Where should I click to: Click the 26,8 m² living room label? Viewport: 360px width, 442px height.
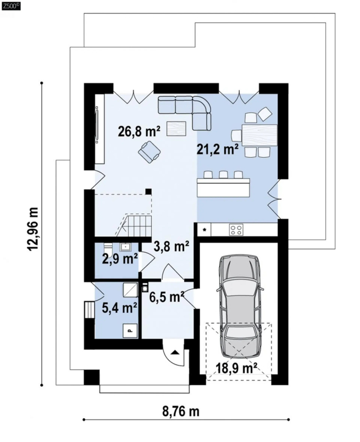click(x=139, y=131)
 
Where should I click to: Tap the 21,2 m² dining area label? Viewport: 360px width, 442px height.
click(x=217, y=150)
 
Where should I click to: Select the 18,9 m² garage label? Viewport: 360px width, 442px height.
click(x=236, y=368)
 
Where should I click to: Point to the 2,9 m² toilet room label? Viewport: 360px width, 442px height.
click(x=120, y=258)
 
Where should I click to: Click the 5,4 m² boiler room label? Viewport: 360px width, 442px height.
click(x=119, y=308)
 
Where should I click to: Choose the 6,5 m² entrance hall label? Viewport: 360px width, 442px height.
click(x=167, y=297)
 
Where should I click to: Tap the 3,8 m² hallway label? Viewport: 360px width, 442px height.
click(x=171, y=246)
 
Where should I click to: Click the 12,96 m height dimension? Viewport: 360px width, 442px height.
click(x=33, y=229)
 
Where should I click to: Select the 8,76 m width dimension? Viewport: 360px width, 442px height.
click(x=181, y=412)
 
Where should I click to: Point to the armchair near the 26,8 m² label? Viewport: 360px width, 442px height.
click(x=149, y=152)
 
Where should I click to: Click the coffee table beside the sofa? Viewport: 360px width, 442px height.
click(x=176, y=129)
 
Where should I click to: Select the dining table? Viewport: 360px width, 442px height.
click(x=259, y=135)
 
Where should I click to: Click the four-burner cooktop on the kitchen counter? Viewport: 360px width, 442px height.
click(x=236, y=229)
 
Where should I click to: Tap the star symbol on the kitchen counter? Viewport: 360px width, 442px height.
click(x=205, y=229)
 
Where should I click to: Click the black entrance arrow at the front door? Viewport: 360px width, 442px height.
click(x=175, y=352)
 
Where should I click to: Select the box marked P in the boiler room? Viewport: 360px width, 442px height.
click(x=130, y=330)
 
